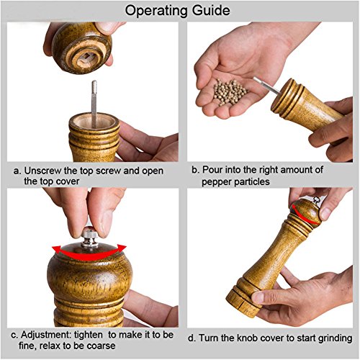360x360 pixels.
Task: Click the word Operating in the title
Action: (156, 11)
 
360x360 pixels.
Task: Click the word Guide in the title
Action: (211, 10)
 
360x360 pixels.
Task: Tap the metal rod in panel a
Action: (94, 103)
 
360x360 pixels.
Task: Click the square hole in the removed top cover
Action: (86, 57)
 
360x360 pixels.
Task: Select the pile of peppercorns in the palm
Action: (229, 92)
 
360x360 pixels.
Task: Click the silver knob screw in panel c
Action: (89, 237)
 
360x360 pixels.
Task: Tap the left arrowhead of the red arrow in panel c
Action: (56, 249)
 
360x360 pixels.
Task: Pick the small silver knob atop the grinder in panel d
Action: (317, 200)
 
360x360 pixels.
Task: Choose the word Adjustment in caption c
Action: (46, 335)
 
